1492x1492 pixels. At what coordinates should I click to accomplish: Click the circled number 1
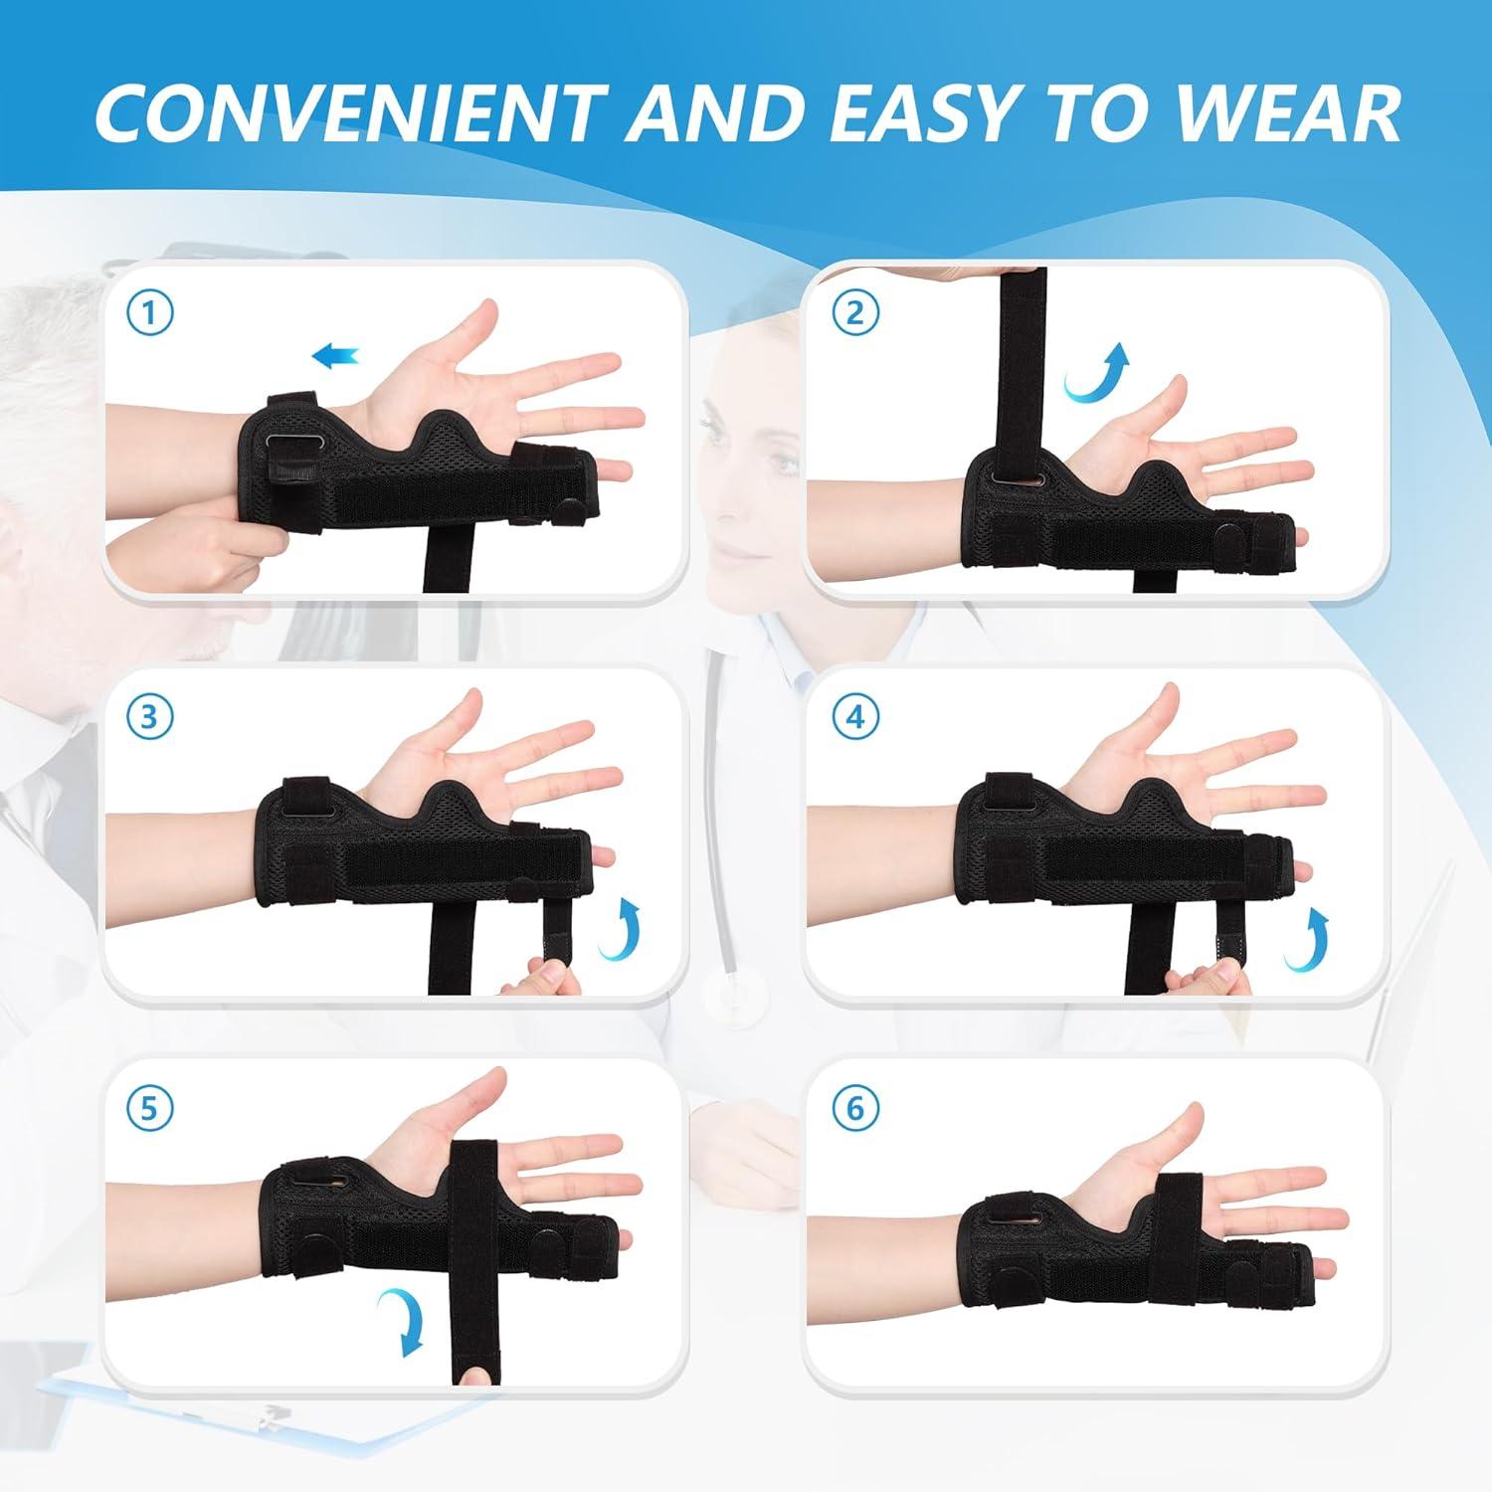pyautogui.click(x=150, y=314)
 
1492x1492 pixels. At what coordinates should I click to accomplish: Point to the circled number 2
pyautogui.click(x=855, y=314)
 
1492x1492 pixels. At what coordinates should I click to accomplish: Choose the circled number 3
pyautogui.click(x=150, y=716)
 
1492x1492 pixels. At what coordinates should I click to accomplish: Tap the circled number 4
pyautogui.click(x=855, y=716)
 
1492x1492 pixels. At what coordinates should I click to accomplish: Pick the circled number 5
pyautogui.click(x=150, y=1107)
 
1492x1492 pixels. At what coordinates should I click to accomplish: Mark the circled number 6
pyautogui.click(x=855, y=1107)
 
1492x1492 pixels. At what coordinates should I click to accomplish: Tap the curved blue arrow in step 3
pyautogui.click(x=617, y=927)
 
